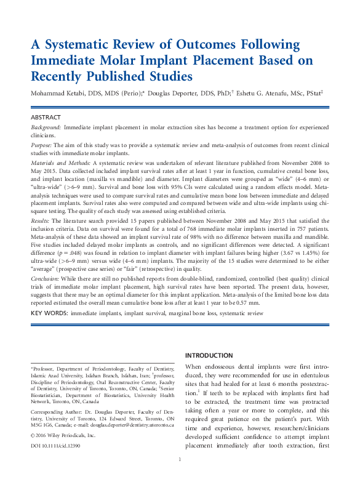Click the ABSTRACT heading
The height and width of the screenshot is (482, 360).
pyautogui.click(x=46, y=117)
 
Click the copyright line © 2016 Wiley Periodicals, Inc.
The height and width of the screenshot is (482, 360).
pyautogui.click(x=63, y=435)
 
